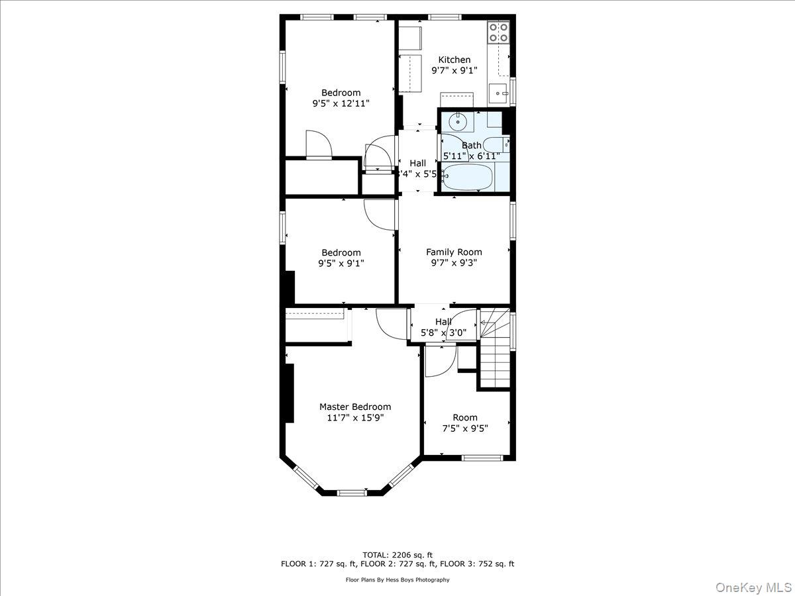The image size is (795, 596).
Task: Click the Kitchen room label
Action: [x=454, y=60]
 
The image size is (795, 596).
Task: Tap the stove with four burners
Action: [x=498, y=32]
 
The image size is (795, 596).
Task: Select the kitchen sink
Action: [x=499, y=93]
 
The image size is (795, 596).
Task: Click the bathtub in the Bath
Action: [x=468, y=177]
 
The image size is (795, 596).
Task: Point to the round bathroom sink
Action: [x=458, y=121]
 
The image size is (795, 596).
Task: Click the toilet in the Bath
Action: [x=496, y=144]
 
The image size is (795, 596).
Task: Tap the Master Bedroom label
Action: [x=355, y=407]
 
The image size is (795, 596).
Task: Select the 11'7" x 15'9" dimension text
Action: [x=355, y=418]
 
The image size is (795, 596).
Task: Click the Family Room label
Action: [x=454, y=252]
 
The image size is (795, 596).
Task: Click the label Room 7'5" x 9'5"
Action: [x=465, y=422]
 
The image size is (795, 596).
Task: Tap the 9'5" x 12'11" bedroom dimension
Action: [x=341, y=103]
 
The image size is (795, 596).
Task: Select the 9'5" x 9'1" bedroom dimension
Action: [x=341, y=263]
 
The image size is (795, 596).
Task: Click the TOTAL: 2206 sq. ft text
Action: [x=397, y=554]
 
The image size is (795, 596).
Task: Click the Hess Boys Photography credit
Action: [x=397, y=579]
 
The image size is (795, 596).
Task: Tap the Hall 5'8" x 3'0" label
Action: [x=443, y=327]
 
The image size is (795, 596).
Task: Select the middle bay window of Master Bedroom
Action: [x=352, y=493]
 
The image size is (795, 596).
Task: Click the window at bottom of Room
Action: [x=482, y=457]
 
